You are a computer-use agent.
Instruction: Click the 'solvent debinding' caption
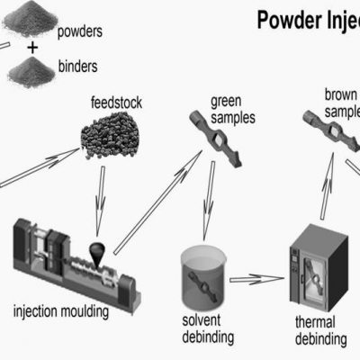pyautogui.click(x=208, y=329)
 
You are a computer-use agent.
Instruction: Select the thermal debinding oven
pyautogui.click(x=320, y=265)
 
